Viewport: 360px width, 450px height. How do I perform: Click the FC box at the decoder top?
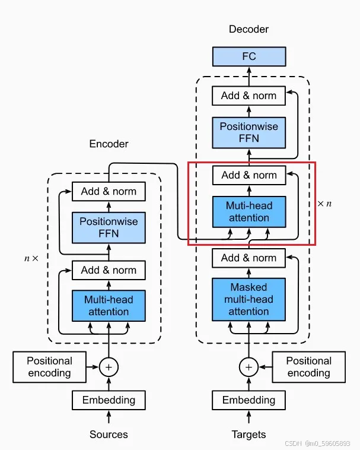click(249, 56)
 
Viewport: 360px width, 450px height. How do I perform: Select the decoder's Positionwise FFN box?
click(249, 132)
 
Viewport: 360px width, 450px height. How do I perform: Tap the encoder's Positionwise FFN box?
click(109, 227)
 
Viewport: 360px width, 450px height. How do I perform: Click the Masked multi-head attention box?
click(249, 299)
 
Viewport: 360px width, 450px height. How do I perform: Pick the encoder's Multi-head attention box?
click(109, 306)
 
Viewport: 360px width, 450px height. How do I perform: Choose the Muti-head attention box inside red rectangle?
click(249, 212)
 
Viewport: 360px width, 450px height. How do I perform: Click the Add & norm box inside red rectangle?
click(249, 175)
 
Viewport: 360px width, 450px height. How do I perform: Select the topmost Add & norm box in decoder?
click(249, 96)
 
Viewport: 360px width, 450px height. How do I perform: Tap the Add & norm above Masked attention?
click(249, 258)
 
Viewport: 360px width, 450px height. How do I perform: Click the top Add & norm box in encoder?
click(109, 191)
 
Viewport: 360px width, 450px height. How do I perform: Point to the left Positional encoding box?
click(49, 367)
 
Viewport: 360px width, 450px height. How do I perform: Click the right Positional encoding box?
click(308, 367)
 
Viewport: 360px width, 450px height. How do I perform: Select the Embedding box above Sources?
click(109, 400)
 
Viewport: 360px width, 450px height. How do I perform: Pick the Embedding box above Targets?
click(249, 400)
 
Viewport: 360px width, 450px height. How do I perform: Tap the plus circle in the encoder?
click(109, 367)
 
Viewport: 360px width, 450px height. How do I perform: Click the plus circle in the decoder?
click(249, 367)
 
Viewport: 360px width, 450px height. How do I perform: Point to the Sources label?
click(109, 435)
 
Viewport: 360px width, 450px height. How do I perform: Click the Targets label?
click(249, 435)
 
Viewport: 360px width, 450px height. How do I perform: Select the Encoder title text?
click(109, 144)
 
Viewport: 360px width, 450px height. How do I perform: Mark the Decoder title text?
click(249, 29)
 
